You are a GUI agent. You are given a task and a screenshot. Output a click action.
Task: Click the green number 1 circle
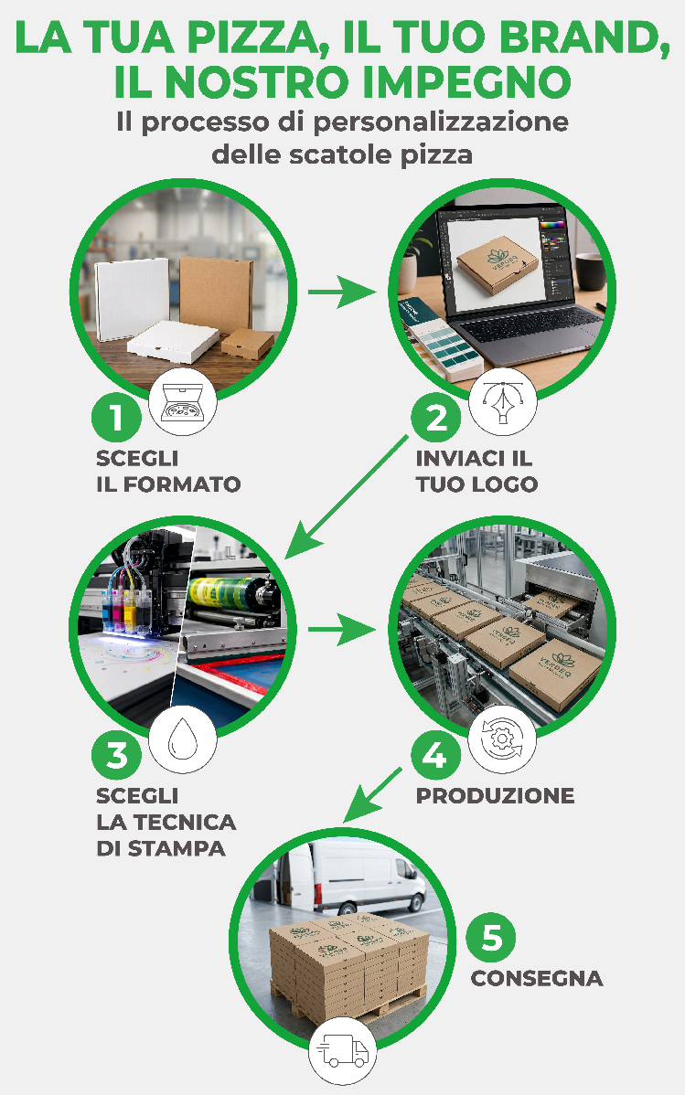pos(116,418)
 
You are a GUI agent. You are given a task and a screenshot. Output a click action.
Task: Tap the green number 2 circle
pos(435,418)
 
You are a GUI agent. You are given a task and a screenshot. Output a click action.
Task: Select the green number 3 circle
pos(116,755)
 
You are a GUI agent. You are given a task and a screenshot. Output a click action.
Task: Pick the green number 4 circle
pos(435,755)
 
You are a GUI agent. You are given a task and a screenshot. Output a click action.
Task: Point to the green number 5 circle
pos(491,938)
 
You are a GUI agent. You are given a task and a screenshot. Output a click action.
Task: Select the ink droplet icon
pos(182,739)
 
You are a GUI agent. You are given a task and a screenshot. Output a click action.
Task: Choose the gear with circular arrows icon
pos(502,739)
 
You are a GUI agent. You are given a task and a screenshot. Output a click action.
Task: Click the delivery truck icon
pos(342,1052)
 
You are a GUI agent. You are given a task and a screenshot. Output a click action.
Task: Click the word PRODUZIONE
pos(495,795)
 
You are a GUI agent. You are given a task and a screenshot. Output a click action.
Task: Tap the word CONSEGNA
pos(537,978)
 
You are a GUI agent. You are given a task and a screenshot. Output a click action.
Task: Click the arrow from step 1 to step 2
pos(342,292)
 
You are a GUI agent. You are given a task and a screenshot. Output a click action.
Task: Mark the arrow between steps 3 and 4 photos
pos(342,629)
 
